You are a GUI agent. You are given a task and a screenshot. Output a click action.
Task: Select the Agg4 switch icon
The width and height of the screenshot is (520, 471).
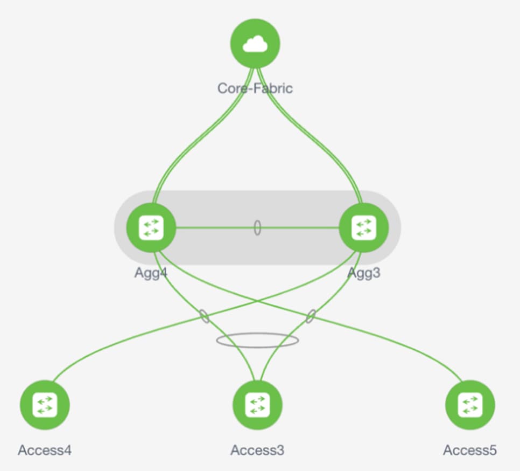(151, 228)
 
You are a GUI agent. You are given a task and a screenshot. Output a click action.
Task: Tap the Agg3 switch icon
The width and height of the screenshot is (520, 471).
(363, 228)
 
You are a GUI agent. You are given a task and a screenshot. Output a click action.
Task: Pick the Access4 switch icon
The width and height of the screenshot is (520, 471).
(45, 405)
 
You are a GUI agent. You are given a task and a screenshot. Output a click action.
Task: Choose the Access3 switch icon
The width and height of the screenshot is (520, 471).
(257, 405)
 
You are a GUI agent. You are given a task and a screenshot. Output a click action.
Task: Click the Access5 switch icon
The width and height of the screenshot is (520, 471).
(470, 405)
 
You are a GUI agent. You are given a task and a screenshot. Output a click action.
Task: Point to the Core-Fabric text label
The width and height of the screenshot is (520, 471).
(255, 88)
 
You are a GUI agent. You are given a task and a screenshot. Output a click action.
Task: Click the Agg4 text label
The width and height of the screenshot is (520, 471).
(151, 273)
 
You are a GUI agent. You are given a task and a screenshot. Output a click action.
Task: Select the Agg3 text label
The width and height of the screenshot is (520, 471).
(364, 273)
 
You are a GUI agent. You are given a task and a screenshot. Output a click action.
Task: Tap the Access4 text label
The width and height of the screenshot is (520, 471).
(45, 450)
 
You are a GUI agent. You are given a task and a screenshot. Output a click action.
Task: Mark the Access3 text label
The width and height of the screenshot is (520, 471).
(257, 450)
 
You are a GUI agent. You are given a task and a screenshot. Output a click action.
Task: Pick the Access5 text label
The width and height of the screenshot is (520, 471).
(470, 450)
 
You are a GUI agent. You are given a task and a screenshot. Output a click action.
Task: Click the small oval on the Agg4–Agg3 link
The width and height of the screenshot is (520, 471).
(257, 228)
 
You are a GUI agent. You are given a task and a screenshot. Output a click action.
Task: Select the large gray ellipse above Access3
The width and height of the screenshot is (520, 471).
(257, 340)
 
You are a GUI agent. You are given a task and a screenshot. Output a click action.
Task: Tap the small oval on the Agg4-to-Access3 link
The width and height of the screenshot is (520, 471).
(205, 316)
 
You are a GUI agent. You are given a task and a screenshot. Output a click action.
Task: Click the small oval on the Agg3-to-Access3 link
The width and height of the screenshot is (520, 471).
(310, 316)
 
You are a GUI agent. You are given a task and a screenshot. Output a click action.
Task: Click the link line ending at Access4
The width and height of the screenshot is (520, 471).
(108, 345)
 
